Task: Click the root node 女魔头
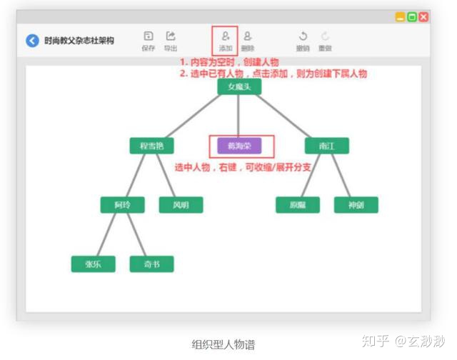(x=238, y=86)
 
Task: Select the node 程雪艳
(x=151, y=146)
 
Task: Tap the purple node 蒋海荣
(x=239, y=146)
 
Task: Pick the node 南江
(x=326, y=146)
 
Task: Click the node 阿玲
(x=122, y=205)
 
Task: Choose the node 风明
(x=181, y=205)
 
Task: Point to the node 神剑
(x=356, y=205)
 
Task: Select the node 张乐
(x=93, y=264)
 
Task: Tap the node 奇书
(x=151, y=264)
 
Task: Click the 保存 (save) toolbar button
(x=148, y=41)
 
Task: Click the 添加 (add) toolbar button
(x=225, y=41)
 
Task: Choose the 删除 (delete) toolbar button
(x=247, y=41)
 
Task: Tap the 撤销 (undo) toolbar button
(x=303, y=41)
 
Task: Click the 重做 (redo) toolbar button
(x=325, y=41)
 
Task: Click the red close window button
(x=423, y=16)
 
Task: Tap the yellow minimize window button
(x=401, y=16)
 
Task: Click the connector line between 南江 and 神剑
(x=341, y=176)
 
